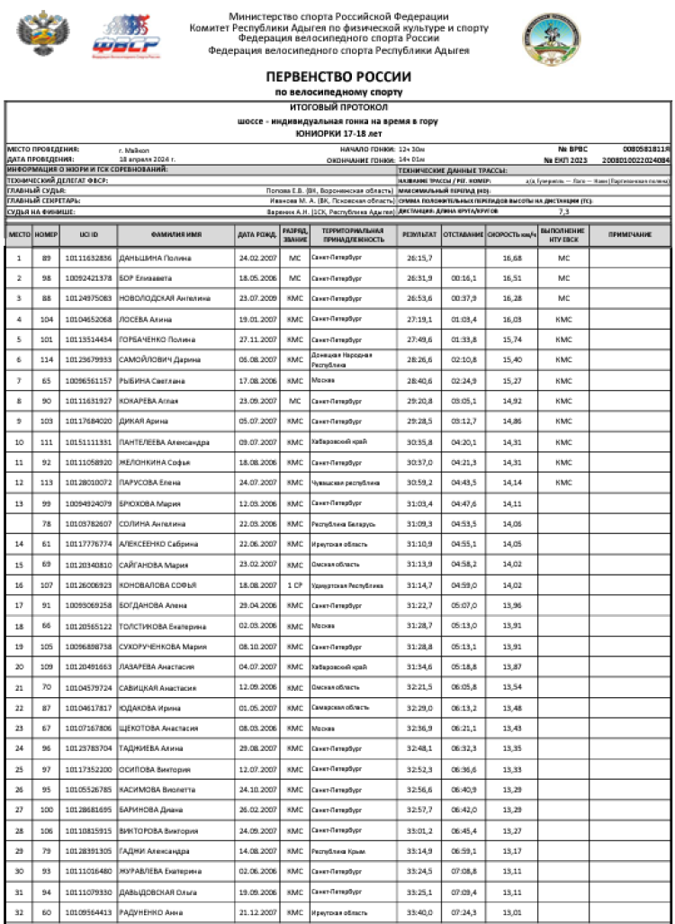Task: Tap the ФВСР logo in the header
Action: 131,36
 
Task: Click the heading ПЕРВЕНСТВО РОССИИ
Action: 338,77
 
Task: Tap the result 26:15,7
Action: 419,258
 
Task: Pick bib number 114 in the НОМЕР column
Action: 46,359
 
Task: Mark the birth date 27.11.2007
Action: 256,340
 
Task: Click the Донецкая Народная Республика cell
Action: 339,359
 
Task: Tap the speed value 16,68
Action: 512,258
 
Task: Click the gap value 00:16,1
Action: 463,278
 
